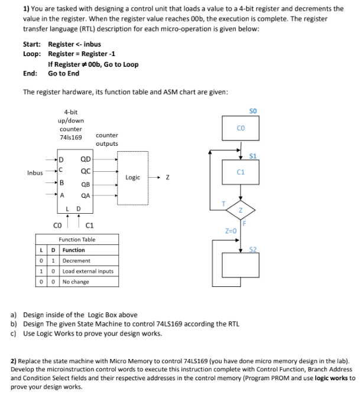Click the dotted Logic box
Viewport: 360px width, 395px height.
(133, 177)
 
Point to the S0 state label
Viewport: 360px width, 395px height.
(253, 112)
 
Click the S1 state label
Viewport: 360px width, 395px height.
(253, 156)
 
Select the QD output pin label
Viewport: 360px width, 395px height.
(86, 159)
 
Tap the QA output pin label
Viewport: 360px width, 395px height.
(86, 196)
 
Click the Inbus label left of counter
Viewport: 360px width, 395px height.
(35, 172)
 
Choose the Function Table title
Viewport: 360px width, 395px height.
(77, 240)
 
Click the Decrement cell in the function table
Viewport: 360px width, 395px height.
(76, 260)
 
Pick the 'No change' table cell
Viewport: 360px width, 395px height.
(75, 282)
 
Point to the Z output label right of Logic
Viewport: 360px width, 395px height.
(168, 177)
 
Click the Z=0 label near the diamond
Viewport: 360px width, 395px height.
(230, 231)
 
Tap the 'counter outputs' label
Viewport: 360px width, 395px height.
(106, 139)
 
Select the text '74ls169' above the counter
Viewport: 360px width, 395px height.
(71, 136)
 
